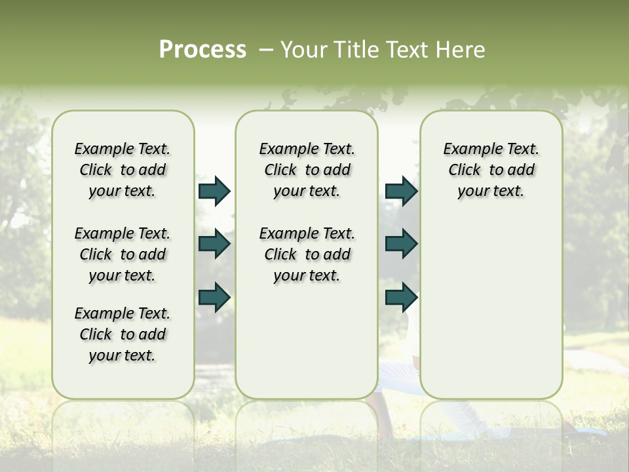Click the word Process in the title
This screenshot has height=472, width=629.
(x=202, y=50)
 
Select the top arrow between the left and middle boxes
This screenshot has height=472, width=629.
(x=214, y=191)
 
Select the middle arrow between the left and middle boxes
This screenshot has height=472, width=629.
(x=214, y=244)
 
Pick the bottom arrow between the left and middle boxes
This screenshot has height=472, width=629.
(x=214, y=297)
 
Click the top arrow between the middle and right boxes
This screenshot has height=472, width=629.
(x=401, y=191)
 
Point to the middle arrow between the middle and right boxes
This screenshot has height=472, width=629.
(x=401, y=244)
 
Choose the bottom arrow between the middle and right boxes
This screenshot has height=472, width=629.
(x=401, y=297)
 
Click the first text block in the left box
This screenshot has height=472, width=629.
(x=123, y=170)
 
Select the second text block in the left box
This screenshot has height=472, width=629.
(x=123, y=254)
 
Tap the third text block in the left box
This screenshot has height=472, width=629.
(x=123, y=334)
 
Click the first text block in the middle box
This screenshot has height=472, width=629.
(x=307, y=170)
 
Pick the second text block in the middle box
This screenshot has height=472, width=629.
(x=307, y=254)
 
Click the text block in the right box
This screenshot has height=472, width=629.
(x=491, y=170)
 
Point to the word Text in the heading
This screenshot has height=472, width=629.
(x=409, y=50)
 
